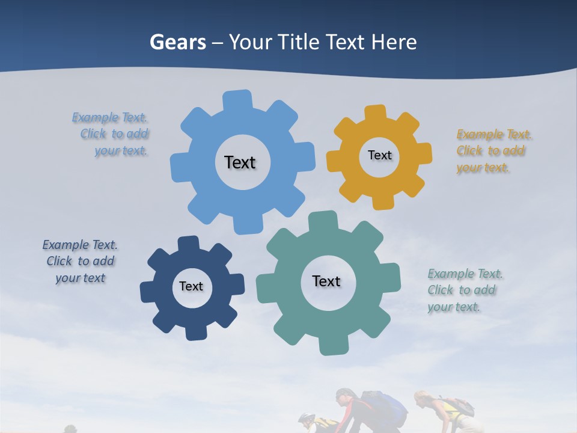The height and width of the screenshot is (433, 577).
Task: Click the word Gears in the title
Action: click(x=177, y=42)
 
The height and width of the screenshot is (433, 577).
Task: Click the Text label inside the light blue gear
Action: click(x=240, y=162)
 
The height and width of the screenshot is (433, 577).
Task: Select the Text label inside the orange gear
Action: click(x=379, y=155)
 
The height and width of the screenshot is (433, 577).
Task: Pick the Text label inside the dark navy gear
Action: click(x=191, y=286)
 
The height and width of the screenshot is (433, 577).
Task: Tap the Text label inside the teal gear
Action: click(x=326, y=281)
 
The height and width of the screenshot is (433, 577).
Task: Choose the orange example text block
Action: click(x=492, y=151)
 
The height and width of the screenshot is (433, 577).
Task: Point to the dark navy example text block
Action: click(x=80, y=261)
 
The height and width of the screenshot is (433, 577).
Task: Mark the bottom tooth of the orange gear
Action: click(x=383, y=202)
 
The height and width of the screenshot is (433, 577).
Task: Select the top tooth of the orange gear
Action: click(x=376, y=113)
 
